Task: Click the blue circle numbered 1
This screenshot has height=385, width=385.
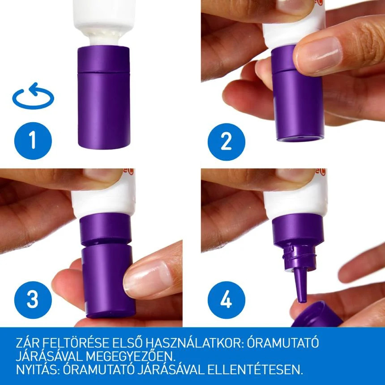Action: [33, 141]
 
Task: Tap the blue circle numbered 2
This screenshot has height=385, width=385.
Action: [227, 141]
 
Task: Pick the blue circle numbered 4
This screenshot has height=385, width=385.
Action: [227, 300]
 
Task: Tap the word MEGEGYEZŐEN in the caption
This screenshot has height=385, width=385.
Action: [130, 356]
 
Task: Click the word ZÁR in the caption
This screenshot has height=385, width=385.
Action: [27, 343]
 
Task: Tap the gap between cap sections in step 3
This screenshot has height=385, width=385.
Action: [106, 245]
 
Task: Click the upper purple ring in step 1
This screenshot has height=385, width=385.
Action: [103, 59]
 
